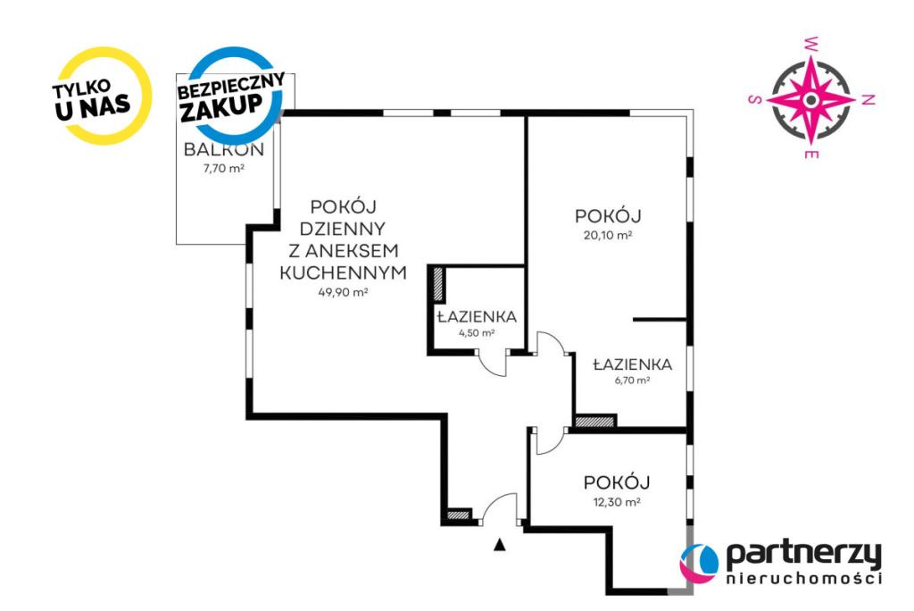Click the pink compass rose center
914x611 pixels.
tap(810, 100)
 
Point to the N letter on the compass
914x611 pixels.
tap(868, 100)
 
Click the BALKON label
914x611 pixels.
tap(224, 149)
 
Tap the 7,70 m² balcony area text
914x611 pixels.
tap(223, 169)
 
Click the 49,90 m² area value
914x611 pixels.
tap(343, 292)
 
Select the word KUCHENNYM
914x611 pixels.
tap(344, 272)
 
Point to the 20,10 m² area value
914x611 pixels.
tap(608, 236)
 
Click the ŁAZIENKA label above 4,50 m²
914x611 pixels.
tap(477, 317)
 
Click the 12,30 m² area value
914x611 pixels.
tap(616, 502)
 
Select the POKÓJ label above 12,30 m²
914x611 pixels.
tap(617, 482)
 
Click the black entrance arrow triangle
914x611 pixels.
tap(499, 545)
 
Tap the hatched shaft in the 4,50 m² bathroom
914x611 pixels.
tap(437, 284)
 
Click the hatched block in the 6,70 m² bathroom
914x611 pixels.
tap(595, 422)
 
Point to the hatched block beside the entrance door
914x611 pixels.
tap(458, 515)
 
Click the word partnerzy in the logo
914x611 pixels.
tap(803, 555)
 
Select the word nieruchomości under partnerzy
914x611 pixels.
tap(803, 579)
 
